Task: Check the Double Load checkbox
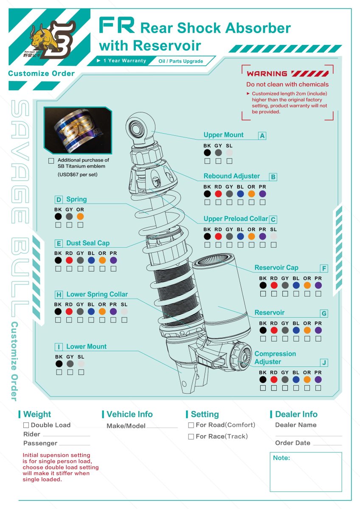tap(26, 425)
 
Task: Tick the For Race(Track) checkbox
tap(191, 436)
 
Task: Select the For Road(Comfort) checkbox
tap(191, 425)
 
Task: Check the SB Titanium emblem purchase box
tap(51, 161)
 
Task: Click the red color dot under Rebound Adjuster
tap(218, 194)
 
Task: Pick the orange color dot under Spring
tap(80, 217)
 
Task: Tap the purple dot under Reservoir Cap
tap(318, 285)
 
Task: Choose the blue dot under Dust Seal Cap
tap(91, 260)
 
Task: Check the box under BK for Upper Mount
tap(207, 161)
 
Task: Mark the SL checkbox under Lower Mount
tap(81, 372)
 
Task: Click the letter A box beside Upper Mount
tap(262, 136)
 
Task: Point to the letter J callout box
tap(324, 363)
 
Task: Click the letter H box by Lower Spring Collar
tap(59, 295)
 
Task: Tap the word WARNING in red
tap(267, 74)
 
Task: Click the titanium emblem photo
tap(78, 130)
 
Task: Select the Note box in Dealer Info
tap(306, 472)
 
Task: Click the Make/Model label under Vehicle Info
tap(126, 426)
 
